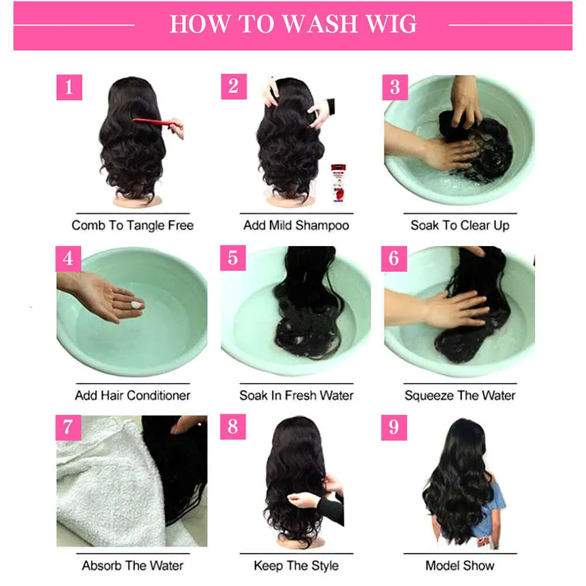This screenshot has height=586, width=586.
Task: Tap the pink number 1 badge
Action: (x=69, y=87)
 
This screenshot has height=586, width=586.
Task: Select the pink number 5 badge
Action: (x=233, y=258)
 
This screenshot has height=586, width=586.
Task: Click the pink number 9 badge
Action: (x=394, y=427)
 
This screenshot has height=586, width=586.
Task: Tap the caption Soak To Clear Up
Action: (x=460, y=226)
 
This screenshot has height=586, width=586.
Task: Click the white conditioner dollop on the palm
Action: (x=137, y=305)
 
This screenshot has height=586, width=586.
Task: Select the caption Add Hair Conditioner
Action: (x=132, y=396)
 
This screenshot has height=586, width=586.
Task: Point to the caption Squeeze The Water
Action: (x=460, y=396)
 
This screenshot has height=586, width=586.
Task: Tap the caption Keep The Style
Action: (x=296, y=565)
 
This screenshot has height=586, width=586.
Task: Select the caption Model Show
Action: (x=460, y=565)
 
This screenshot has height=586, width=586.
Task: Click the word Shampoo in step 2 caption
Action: (x=322, y=226)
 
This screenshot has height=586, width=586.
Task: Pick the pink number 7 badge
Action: (x=68, y=427)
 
